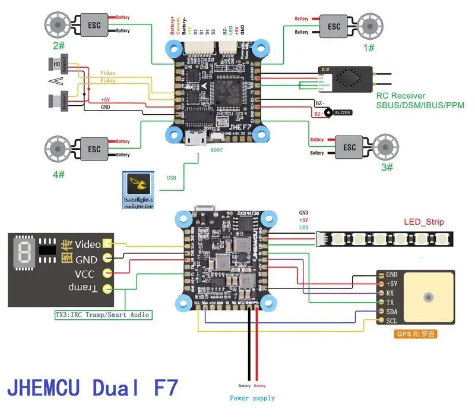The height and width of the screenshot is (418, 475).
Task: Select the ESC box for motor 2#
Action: tap(93, 26)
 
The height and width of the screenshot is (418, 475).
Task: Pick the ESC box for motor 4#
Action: tap(93, 148)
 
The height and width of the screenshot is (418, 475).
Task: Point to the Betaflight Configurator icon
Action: tap(139, 190)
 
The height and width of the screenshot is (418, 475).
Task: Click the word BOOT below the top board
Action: tap(217, 150)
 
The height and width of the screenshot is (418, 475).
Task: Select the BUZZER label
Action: tap(343, 112)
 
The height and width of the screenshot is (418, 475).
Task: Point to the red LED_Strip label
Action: tap(424, 222)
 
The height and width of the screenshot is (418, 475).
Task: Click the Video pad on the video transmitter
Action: tap(107, 243)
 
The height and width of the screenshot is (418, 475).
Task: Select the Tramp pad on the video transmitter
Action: tap(107, 289)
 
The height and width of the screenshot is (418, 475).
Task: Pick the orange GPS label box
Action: tap(416, 334)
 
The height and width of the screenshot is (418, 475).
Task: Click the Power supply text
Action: tap(252, 398)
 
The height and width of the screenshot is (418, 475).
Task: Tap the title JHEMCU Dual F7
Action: tap(92, 387)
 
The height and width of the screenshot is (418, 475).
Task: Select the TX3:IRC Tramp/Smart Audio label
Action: tap(102, 314)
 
